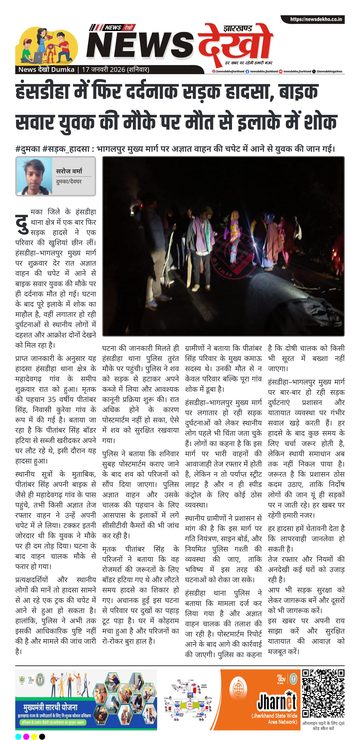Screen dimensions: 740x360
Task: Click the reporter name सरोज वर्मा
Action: [69, 171]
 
